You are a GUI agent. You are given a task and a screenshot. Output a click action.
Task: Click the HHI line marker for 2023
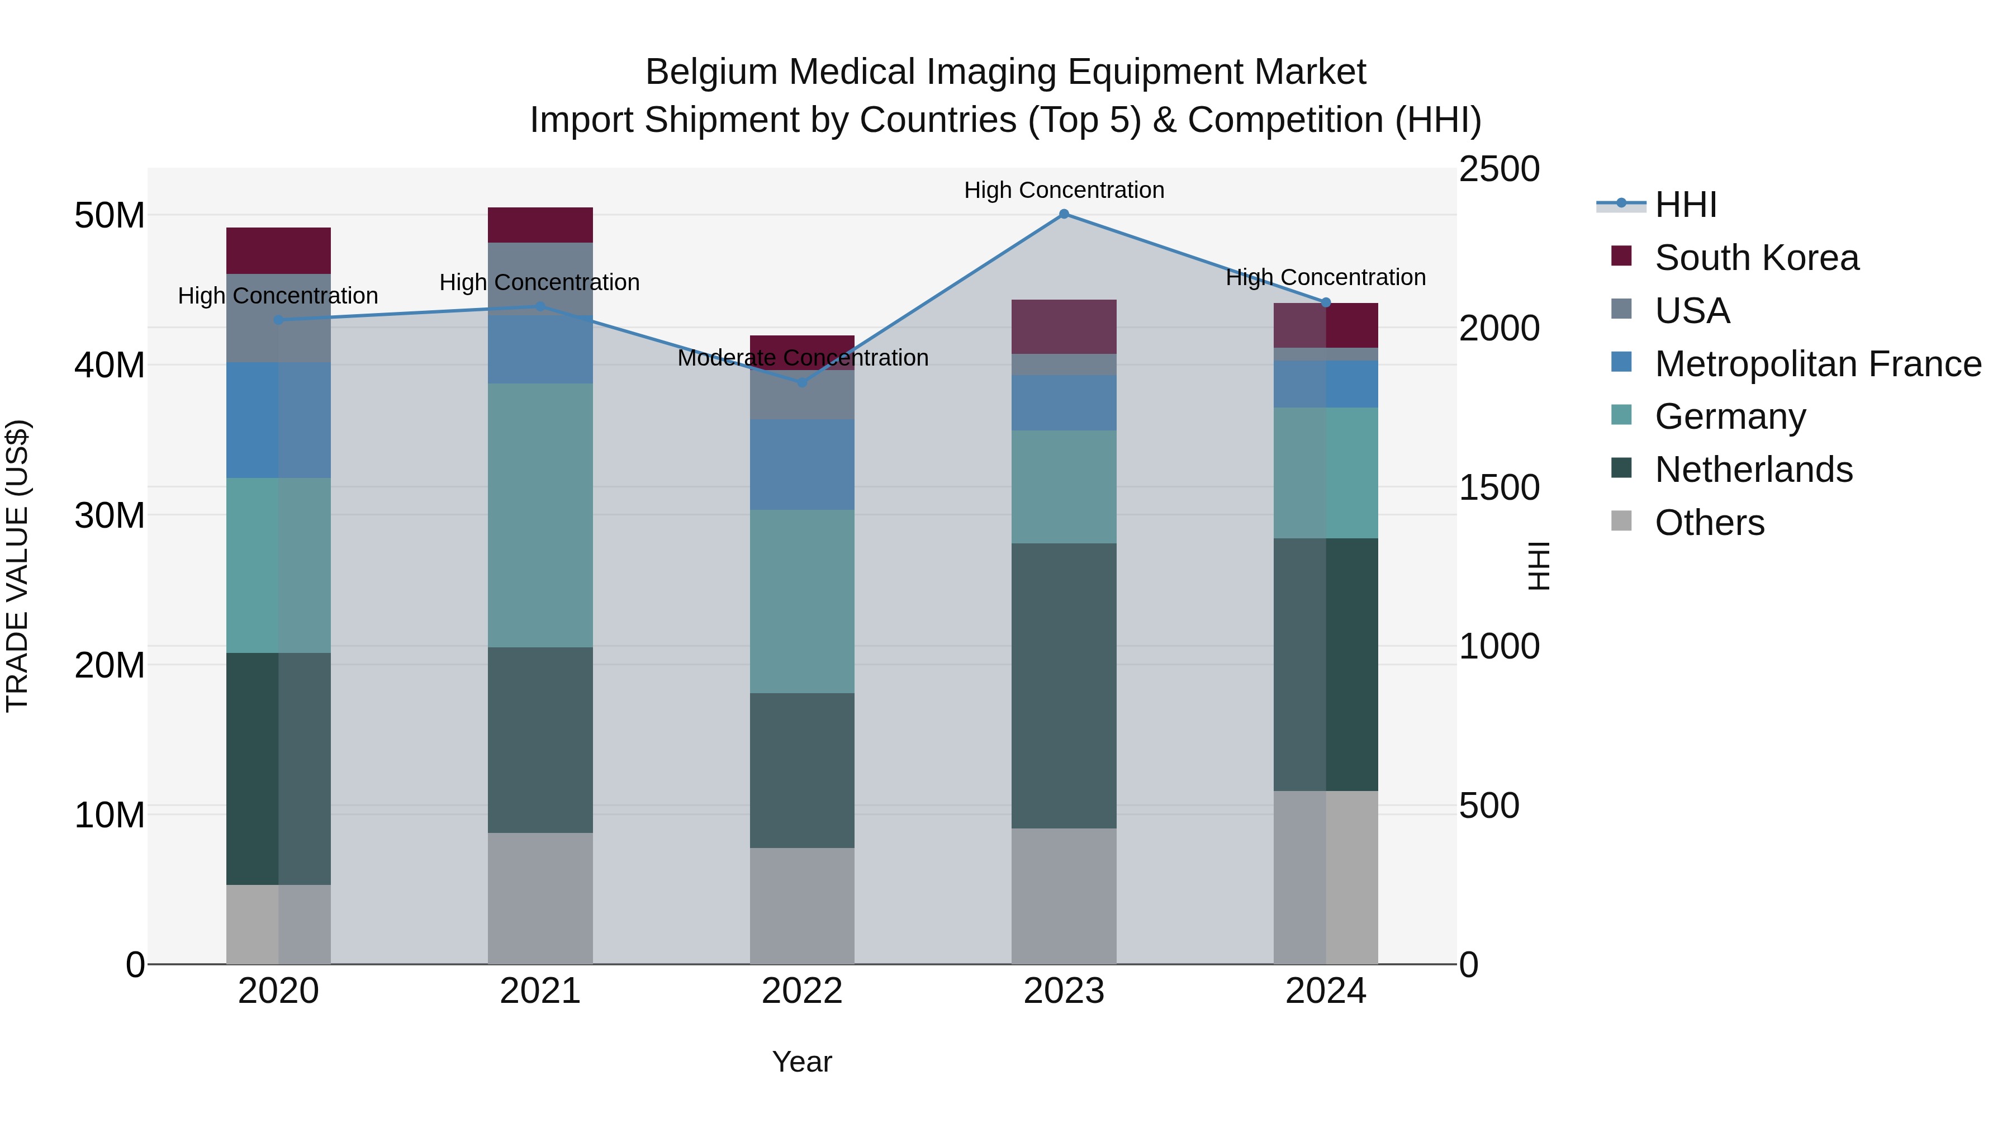click(x=1064, y=214)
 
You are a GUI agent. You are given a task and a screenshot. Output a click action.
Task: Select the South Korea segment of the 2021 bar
click(x=540, y=225)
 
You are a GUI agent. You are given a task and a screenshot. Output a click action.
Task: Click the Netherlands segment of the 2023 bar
click(x=1064, y=685)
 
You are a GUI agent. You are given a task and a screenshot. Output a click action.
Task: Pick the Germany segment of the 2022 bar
click(x=801, y=601)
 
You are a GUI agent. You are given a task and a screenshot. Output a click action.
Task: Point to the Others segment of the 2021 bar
click(x=540, y=898)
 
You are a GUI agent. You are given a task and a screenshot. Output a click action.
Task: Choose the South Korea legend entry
click(x=1757, y=258)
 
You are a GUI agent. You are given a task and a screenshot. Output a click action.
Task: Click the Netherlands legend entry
click(x=1753, y=470)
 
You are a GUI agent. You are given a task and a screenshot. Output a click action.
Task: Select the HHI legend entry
click(x=1686, y=205)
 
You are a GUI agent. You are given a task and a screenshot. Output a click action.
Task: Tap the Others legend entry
click(x=1709, y=523)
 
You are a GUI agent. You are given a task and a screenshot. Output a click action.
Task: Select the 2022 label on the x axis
click(x=801, y=991)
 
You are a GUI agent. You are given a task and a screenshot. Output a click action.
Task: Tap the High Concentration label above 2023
click(x=1064, y=190)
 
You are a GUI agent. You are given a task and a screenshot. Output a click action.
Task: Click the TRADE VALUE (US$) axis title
click(x=17, y=566)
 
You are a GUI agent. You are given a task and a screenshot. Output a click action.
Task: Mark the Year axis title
click(x=801, y=1062)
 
